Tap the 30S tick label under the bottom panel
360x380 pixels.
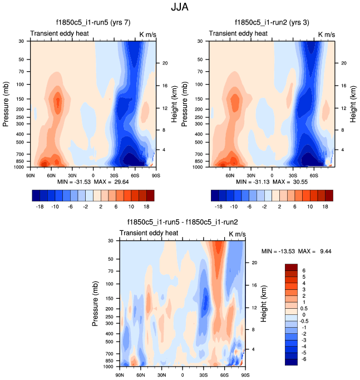[x=203, y=374]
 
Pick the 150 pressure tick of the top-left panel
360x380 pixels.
[x=21, y=99]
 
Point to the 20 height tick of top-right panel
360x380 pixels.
[x=345, y=63]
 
